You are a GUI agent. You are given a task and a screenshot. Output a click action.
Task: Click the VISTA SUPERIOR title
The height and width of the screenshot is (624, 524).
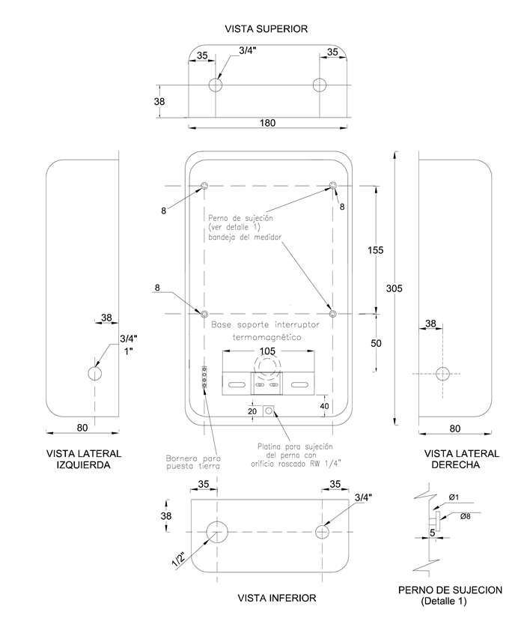pyautogui.click(x=266, y=28)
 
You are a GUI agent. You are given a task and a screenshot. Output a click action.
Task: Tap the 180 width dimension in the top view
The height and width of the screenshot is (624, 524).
pyautogui.click(x=267, y=123)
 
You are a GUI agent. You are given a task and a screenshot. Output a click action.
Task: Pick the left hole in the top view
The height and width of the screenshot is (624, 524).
pyautogui.click(x=216, y=85)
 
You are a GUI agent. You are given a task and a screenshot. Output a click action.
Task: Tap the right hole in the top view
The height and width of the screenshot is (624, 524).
pyautogui.click(x=320, y=85)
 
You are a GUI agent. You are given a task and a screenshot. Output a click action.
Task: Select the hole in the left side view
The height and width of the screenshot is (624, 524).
pyautogui.click(x=95, y=373)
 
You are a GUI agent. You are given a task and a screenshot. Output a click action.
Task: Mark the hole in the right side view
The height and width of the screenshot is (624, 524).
pyautogui.click(x=443, y=373)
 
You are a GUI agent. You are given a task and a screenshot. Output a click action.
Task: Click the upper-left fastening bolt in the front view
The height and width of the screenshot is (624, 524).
pyautogui.click(x=204, y=186)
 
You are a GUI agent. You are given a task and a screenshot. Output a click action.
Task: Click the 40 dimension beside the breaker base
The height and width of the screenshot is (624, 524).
pyautogui.click(x=325, y=406)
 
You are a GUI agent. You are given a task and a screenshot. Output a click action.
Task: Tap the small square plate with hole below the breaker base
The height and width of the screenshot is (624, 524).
pyautogui.click(x=268, y=411)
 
